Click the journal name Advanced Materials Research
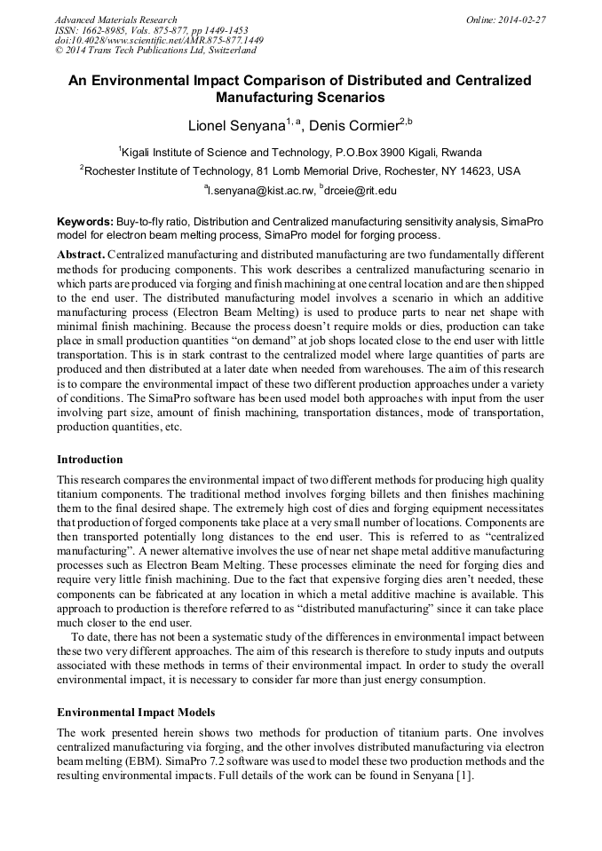(115, 19)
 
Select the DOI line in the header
(159, 40)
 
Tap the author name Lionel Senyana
(236, 125)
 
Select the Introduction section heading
(90, 460)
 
